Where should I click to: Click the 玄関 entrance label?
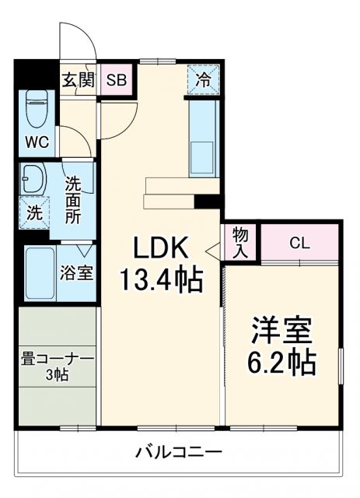pyautogui.click(x=78, y=79)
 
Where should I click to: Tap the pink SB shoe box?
pyautogui.click(x=117, y=79)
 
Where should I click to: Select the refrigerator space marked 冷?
pyautogui.click(x=203, y=79)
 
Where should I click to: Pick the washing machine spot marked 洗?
pyautogui.click(x=35, y=212)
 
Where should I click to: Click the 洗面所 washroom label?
pyautogui.click(x=72, y=201)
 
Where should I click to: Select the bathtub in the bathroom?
pyautogui.click(x=40, y=272)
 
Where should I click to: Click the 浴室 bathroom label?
pyautogui.click(x=77, y=273)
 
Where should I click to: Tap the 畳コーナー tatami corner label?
pyautogui.click(x=57, y=359)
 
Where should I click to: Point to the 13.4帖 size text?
pyautogui.click(x=161, y=278)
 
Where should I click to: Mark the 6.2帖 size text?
pyautogui.click(x=281, y=362)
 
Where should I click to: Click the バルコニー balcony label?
pyautogui.click(x=178, y=452)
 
